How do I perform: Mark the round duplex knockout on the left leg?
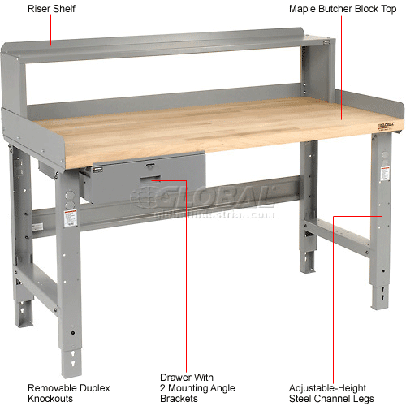point(68,197)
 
